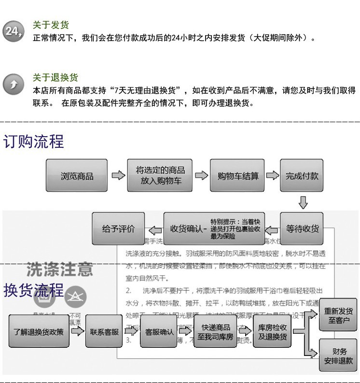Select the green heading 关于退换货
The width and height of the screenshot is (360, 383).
point(55,78)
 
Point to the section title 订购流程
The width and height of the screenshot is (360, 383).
point(34,142)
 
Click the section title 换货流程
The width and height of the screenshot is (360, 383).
point(34,290)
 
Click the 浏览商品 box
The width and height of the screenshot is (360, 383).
point(77,176)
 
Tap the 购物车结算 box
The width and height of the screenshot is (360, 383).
point(237,176)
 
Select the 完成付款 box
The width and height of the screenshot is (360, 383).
point(302,176)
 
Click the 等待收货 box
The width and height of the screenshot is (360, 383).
point(302,228)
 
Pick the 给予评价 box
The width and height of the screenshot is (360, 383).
point(118,228)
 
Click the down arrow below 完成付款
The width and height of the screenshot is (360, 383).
point(303,202)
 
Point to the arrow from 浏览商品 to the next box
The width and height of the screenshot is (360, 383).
point(118,176)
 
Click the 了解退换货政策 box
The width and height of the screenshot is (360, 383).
point(38,331)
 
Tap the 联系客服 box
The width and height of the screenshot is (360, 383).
point(104,331)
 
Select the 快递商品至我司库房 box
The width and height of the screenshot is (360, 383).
point(215,331)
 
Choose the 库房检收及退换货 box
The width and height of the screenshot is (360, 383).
point(273,331)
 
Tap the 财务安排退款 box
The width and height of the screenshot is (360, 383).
point(338,355)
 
